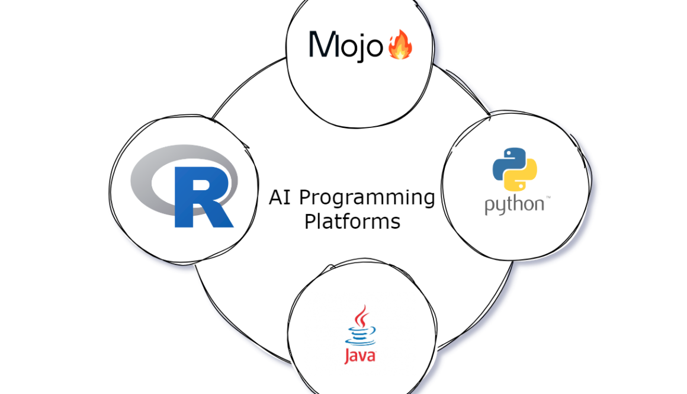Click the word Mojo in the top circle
pos(346,46)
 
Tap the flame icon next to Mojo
pos(400,46)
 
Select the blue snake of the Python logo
pos(508,161)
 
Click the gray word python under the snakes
pos(514,204)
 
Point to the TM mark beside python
pos(548,197)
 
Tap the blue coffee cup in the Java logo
pos(359,337)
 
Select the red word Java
pos(359,356)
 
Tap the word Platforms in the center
pos(352,222)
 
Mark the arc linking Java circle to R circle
pos(237,320)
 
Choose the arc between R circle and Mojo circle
pos(243,83)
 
